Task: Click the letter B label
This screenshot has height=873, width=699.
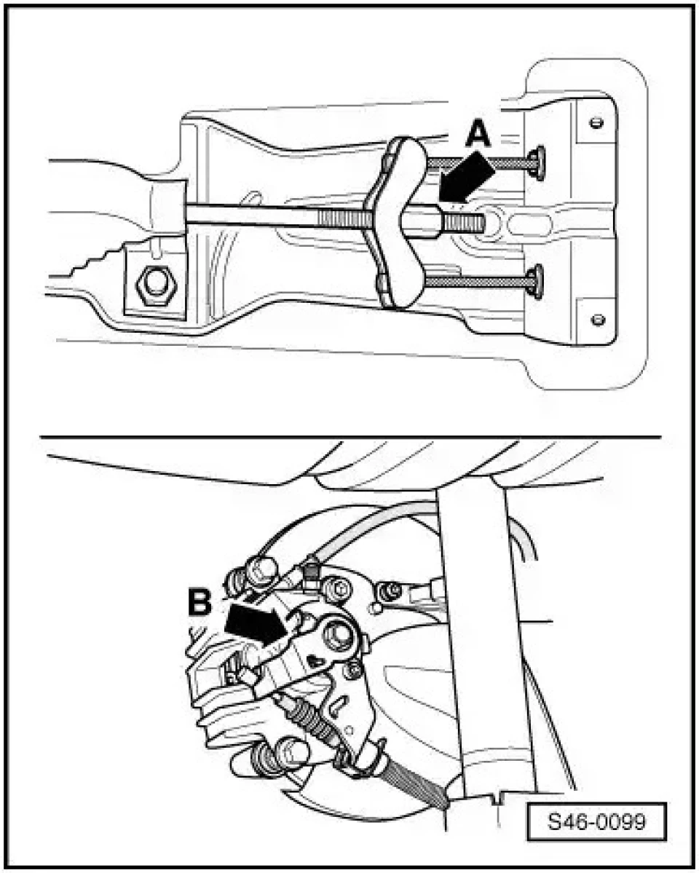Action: tap(200, 602)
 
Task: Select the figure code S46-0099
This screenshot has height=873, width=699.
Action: tap(597, 821)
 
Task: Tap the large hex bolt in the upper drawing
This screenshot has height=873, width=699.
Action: tap(155, 285)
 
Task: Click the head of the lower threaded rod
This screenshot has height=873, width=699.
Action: tap(537, 283)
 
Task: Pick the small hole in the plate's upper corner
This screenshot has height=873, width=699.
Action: tap(596, 123)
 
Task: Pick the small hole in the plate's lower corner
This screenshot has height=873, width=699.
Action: tap(599, 320)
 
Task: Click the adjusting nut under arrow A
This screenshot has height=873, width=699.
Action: tap(424, 219)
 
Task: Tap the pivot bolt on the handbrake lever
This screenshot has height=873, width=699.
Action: tap(338, 635)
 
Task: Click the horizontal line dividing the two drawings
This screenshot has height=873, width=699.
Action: tap(350, 437)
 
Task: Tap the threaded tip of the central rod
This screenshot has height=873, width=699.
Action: tap(465, 223)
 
